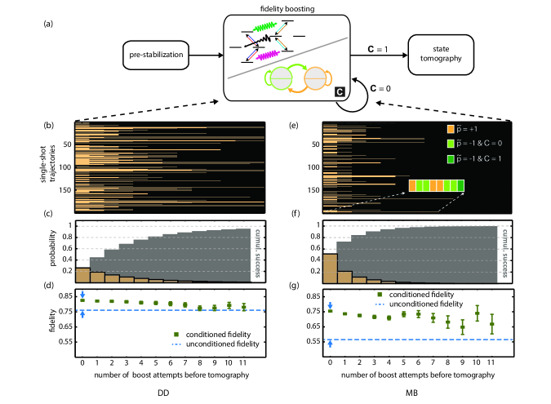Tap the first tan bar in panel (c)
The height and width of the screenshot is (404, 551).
82,274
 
